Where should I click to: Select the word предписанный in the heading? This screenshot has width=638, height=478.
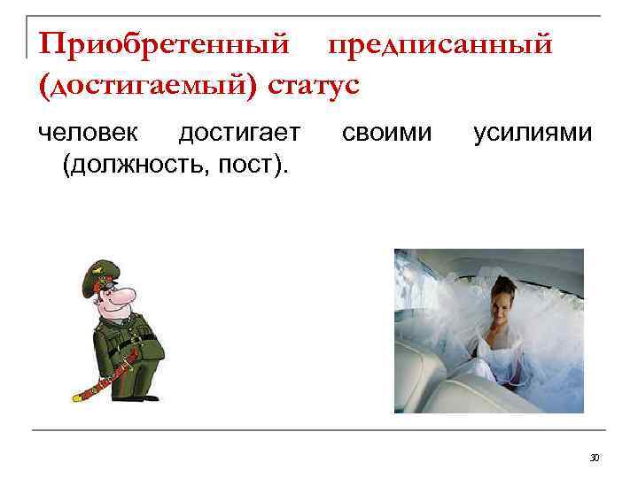tap(440, 43)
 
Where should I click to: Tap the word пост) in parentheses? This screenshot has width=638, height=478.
tap(258, 165)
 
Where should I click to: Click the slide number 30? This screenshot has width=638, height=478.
tap(595, 457)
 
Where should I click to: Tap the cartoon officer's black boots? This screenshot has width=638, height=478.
tap(133, 389)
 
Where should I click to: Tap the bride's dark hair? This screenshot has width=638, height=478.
tap(501, 281)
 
